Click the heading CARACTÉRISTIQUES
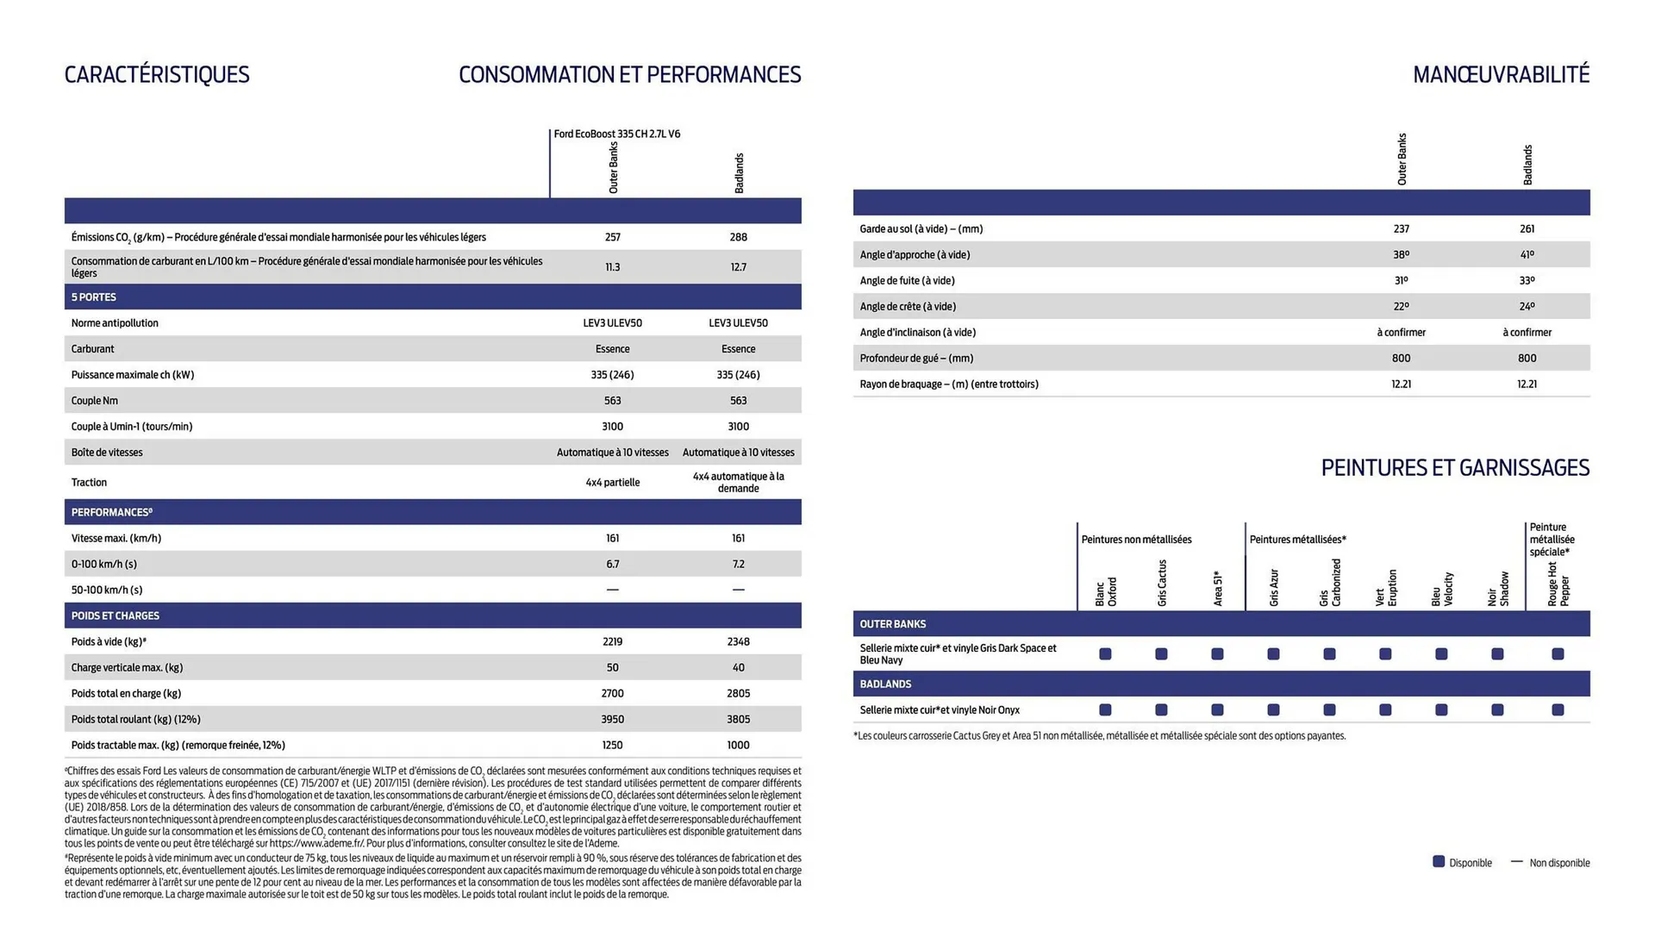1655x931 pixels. pos(157,75)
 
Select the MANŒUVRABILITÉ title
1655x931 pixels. pos(1501,75)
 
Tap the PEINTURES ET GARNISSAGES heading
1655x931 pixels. pos(1455,468)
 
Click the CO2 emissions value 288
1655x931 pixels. pos(738,237)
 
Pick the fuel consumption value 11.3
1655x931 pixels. pos(612,267)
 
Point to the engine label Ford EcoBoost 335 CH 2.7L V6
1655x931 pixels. pos(616,134)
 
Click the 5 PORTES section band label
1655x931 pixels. pos(94,297)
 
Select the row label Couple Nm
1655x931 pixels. pos(95,401)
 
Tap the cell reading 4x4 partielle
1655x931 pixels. pos(612,483)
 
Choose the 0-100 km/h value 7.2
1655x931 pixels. pos(738,564)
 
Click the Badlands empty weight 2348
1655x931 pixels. pos(738,641)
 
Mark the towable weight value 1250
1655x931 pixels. pos(612,745)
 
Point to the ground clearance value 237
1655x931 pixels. pos(1401,228)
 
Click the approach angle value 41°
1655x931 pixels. pos(1527,254)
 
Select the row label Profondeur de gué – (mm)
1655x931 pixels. pos(916,358)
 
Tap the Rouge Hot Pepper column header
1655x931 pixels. pos(1558,585)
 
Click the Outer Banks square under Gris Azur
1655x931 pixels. pos(1273,654)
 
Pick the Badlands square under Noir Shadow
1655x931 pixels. pos(1497,710)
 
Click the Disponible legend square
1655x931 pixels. pos(1439,862)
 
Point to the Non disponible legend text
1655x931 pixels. pos(1559,863)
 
